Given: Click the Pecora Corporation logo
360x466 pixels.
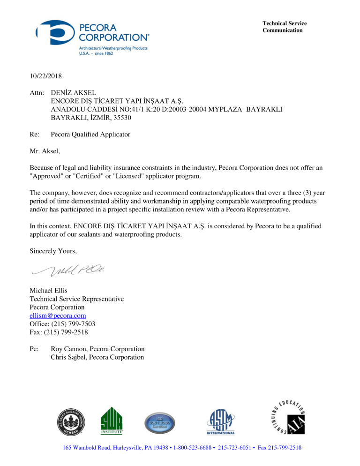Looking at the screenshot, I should coord(93,38).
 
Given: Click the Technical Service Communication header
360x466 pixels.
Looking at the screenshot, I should coord(285,27).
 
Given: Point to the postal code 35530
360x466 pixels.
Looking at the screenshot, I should coord(120,118).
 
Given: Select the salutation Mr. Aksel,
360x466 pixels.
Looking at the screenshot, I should coord(45,151).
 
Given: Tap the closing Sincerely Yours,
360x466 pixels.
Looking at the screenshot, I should coord(53,251).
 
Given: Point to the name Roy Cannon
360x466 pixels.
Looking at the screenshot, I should coord(69,349).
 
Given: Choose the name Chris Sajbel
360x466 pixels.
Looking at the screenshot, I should coord(68,358).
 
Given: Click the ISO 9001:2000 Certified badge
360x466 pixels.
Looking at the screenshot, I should coord(159,421).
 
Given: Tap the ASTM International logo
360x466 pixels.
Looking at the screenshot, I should coord(220,421).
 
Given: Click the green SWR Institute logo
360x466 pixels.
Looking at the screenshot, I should coord(112,420).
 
